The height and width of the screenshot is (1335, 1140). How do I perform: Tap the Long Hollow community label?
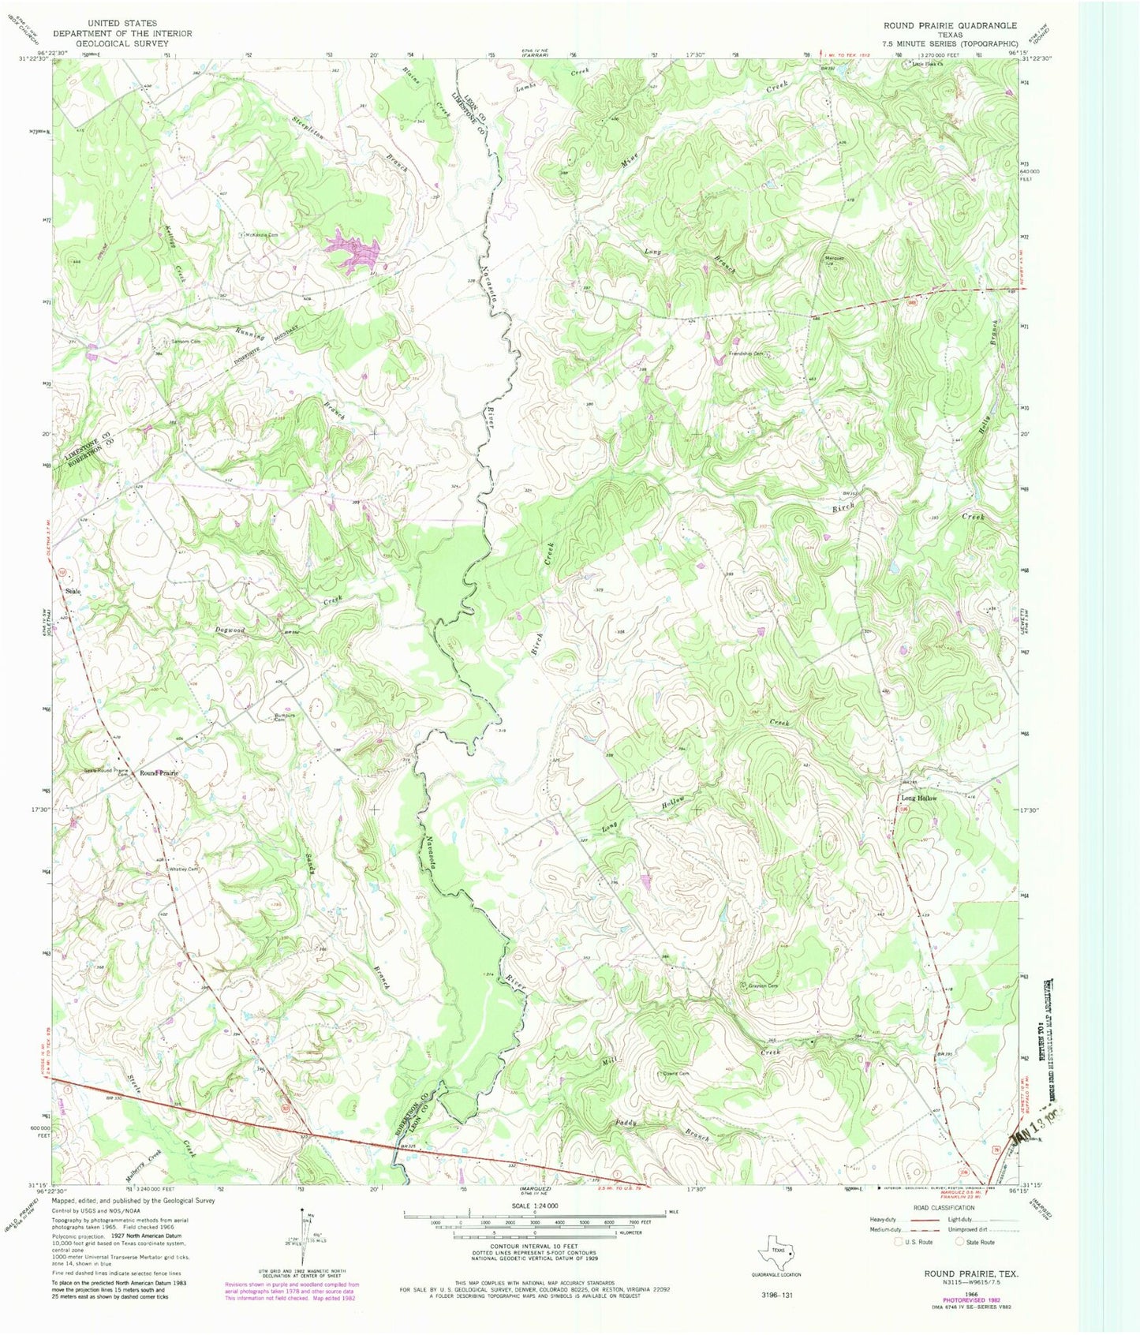(x=919, y=798)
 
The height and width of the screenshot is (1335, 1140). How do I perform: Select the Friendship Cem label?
(x=747, y=354)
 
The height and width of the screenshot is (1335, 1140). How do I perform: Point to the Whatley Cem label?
(x=182, y=869)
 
